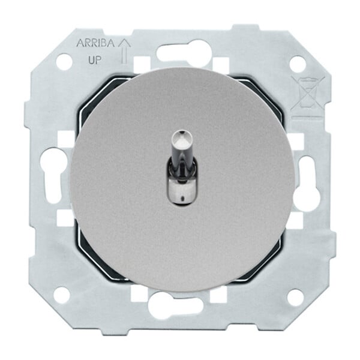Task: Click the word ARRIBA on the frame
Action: (x=95, y=43)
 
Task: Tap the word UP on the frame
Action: (x=95, y=60)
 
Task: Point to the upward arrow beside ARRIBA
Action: (x=124, y=51)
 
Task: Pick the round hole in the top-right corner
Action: (x=298, y=64)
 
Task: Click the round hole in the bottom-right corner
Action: (x=296, y=298)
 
